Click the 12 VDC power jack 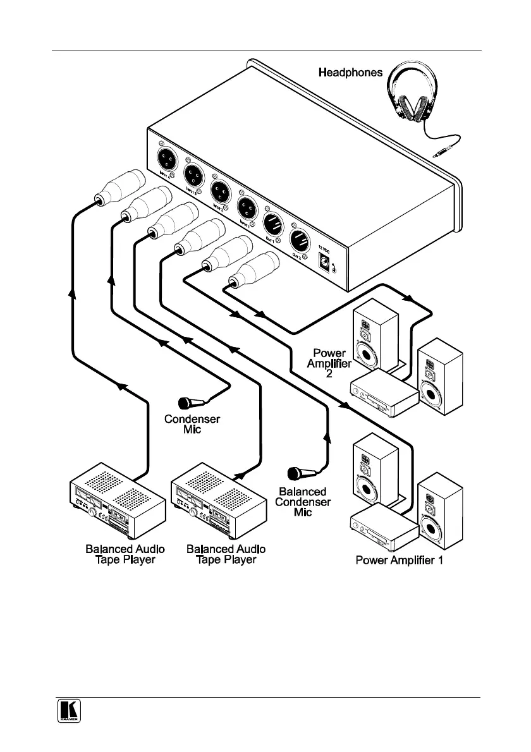[x=326, y=265]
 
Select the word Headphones [x=350, y=73]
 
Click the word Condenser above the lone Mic [x=192, y=418]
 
